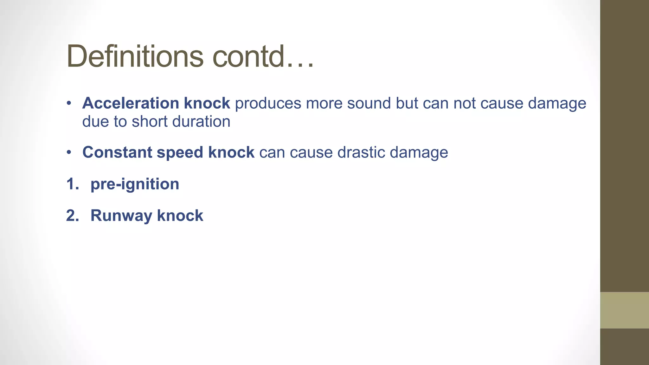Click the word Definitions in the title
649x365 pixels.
point(135,56)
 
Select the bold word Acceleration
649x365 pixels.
point(131,103)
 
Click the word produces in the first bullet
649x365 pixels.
point(268,103)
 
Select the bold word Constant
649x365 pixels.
point(117,152)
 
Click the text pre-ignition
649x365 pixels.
point(135,184)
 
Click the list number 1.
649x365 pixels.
point(72,184)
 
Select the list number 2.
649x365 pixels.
point(72,216)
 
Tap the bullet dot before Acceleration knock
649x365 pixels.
point(69,103)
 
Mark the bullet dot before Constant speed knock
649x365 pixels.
point(69,152)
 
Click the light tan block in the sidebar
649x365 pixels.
point(624,310)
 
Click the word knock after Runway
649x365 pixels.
point(180,216)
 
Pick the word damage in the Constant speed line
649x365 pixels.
point(419,153)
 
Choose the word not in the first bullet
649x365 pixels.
point(464,103)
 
